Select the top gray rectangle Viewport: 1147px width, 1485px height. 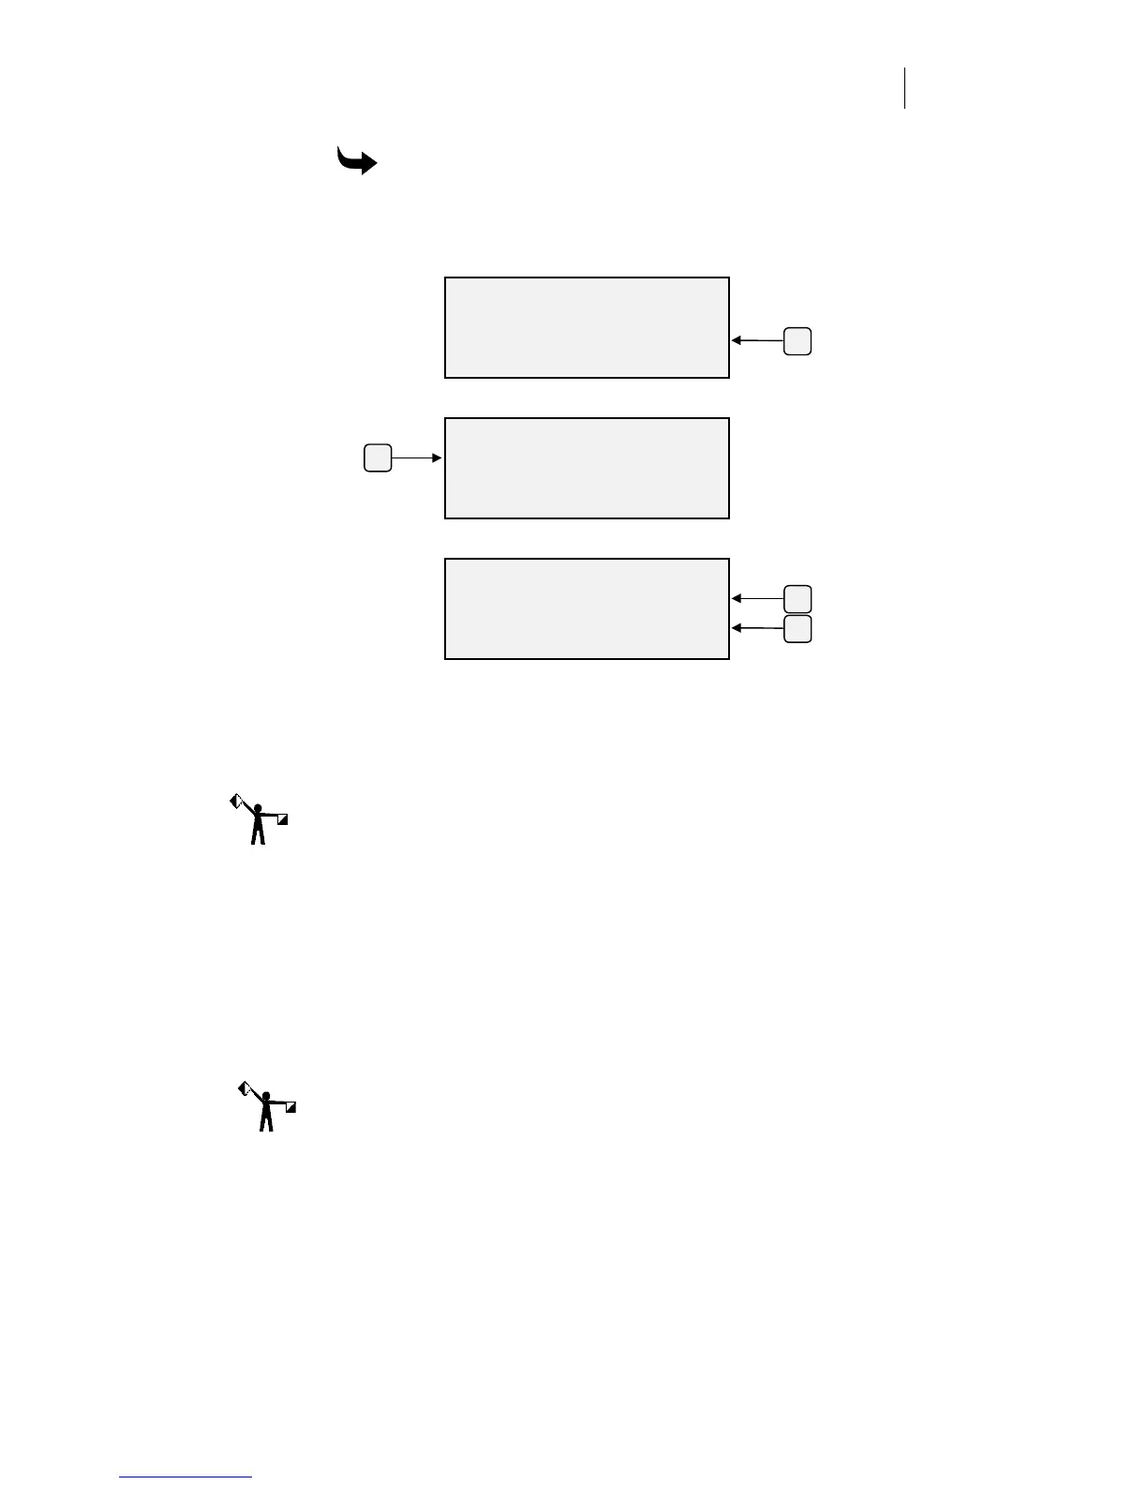tap(587, 327)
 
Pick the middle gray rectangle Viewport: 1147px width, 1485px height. tap(587, 468)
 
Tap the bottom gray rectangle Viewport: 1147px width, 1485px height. tap(587, 608)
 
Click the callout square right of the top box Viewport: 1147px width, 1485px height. tap(797, 341)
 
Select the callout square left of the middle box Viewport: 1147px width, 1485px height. tap(378, 458)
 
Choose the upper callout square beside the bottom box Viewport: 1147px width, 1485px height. tap(797, 598)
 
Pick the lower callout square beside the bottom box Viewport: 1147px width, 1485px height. tap(797, 629)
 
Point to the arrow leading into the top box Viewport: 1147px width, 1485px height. tap(757, 340)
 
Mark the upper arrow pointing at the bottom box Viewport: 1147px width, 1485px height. tap(757, 598)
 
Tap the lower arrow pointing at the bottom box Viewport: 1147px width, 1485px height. tap(757, 628)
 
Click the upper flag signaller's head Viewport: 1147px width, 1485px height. tap(258, 808)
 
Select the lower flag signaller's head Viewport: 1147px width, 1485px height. tap(266, 1095)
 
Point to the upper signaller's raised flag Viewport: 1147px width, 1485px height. tap(236, 802)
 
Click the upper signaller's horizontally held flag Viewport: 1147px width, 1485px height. tap(282, 819)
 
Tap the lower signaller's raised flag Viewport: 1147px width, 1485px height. tap(244, 1087)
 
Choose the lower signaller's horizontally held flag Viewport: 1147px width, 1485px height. tap(290, 1106)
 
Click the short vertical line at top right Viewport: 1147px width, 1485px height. tap(905, 88)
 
